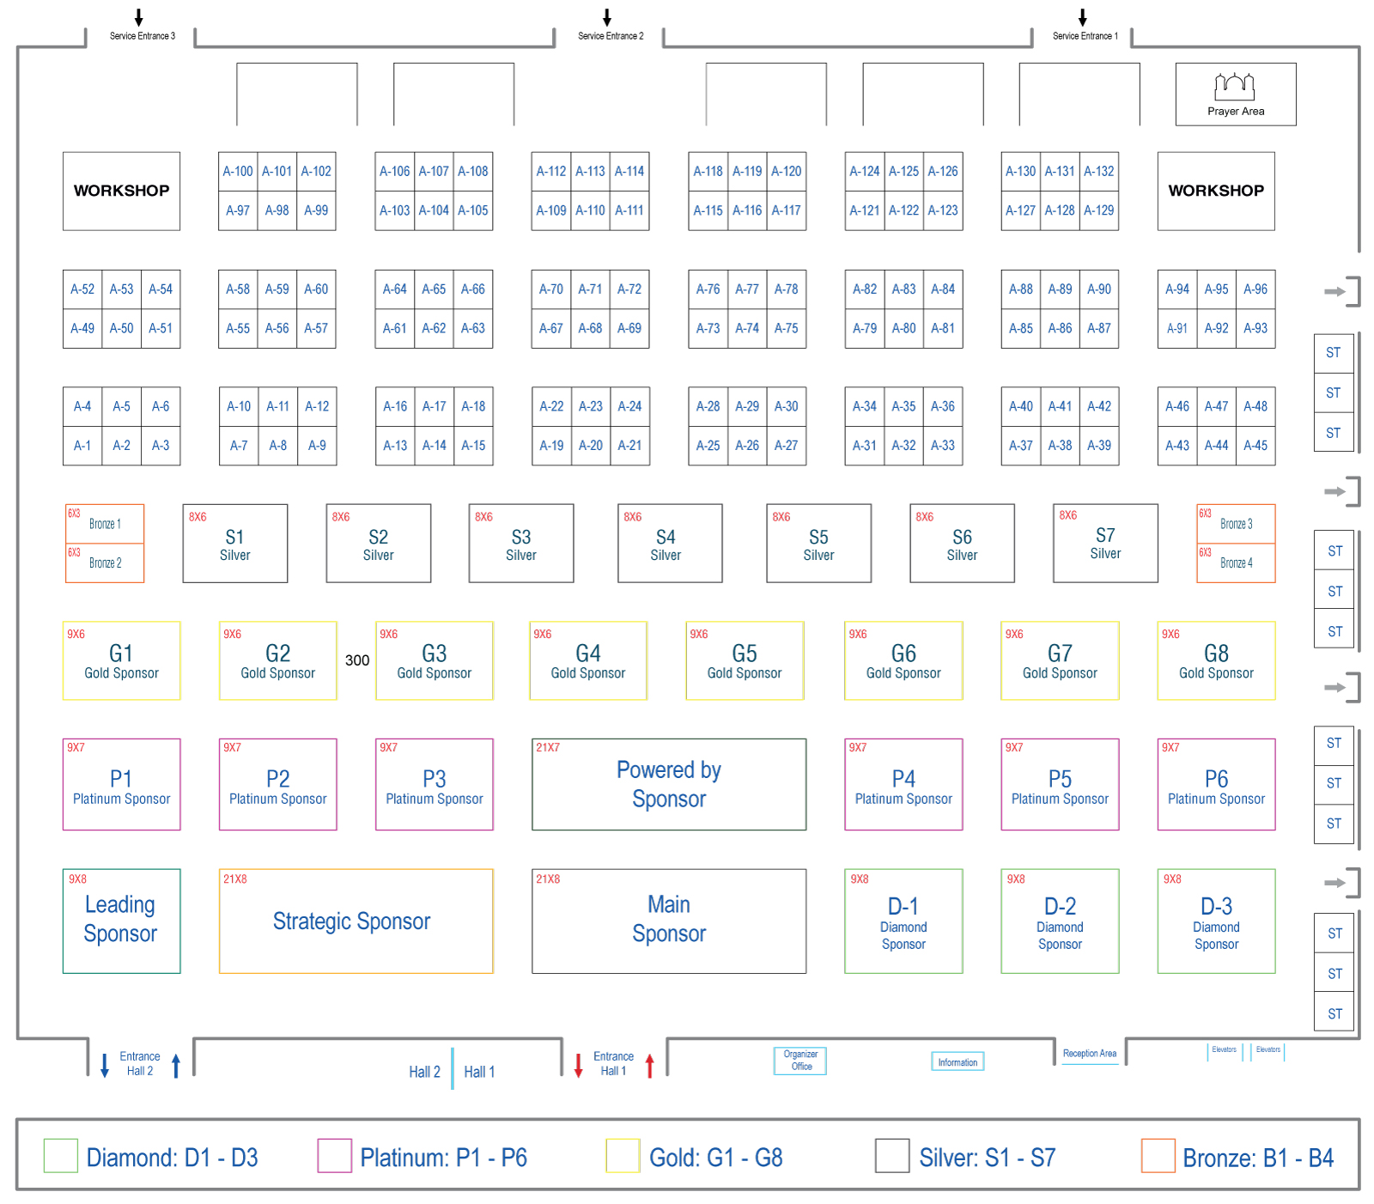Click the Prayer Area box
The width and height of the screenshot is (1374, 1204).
1235,94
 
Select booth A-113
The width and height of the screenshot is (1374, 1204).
590,172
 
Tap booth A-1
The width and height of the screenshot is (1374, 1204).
82,446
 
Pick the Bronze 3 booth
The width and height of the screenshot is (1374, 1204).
1236,524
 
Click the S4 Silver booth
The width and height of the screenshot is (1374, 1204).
670,544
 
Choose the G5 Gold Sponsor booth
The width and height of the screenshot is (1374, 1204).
745,660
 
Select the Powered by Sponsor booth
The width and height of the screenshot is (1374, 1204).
669,784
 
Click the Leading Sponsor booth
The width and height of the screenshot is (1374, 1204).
121,921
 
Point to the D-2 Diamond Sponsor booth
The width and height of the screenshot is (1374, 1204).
1060,921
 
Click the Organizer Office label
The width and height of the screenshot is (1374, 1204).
800,1061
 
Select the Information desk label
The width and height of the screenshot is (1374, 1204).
958,1062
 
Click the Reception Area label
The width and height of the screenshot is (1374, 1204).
1090,1054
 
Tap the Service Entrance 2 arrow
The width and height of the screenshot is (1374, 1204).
607,18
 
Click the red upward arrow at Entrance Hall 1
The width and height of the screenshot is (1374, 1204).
650,1066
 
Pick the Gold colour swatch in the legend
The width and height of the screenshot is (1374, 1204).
623,1156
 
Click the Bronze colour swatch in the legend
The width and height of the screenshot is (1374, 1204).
1158,1156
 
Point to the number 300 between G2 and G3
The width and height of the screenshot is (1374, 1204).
357,660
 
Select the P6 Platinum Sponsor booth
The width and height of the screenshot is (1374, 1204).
1216,784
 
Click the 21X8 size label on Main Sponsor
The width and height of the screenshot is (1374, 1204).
548,879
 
